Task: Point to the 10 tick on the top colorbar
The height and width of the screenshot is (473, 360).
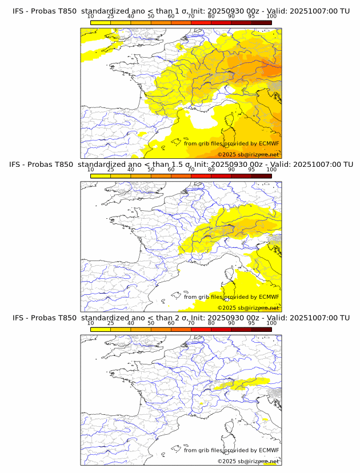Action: click(x=91, y=17)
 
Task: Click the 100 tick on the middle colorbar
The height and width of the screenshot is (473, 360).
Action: click(x=271, y=170)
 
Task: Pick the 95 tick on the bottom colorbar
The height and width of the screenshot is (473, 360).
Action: click(x=251, y=323)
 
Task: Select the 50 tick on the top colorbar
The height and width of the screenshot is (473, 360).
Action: click(x=151, y=17)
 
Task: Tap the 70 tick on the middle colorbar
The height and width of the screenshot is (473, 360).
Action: click(x=191, y=170)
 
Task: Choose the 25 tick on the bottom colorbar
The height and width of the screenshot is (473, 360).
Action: click(x=111, y=323)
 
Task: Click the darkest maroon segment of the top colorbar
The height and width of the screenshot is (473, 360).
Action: click(x=261, y=22)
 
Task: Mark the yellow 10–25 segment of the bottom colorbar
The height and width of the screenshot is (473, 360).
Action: click(x=101, y=329)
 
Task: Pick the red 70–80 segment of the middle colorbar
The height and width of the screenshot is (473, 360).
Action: click(x=201, y=176)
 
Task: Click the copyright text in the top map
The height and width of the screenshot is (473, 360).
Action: click(x=248, y=155)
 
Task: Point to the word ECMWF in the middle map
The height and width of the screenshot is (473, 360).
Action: click(x=269, y=297)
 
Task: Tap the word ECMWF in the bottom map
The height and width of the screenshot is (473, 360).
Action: click(x=269, y=450)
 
